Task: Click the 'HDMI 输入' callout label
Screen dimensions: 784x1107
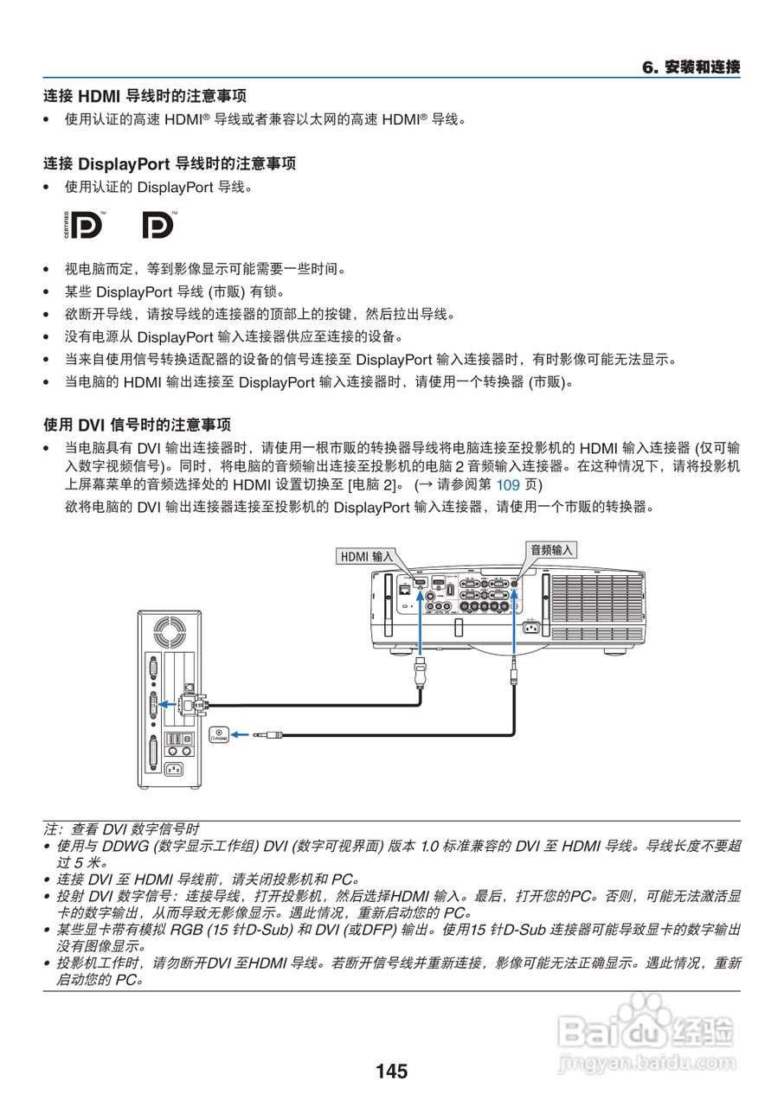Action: pyautogui.click(x=367, y=557)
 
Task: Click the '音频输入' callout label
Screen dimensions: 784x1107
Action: pyautogui.click(x=552, y=549)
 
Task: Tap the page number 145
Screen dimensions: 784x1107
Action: pyautogui.click(x=391, y=1072)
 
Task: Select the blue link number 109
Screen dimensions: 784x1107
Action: pyautogui.click(x=507, y=486)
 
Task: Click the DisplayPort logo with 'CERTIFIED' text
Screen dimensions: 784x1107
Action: pyautogui.click(x=84, y=225)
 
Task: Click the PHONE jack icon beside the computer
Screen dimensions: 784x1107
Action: pyautogui.click(x=220, y=736)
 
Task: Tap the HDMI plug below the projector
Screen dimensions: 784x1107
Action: pyautogui.click(x=420, y=674)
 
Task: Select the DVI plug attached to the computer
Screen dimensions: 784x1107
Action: pyautogui.click(x=192, y=706)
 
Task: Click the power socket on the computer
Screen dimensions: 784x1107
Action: pyautogui.click(x=175, y=769)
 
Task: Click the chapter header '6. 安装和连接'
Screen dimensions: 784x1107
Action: pyautogui.click(x=691, y=67)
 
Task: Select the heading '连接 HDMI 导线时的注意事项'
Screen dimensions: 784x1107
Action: pyautogui.click(x=145, y=95)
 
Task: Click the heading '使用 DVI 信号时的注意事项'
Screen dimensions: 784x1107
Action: pyautogui.click(x=138, y=425)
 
